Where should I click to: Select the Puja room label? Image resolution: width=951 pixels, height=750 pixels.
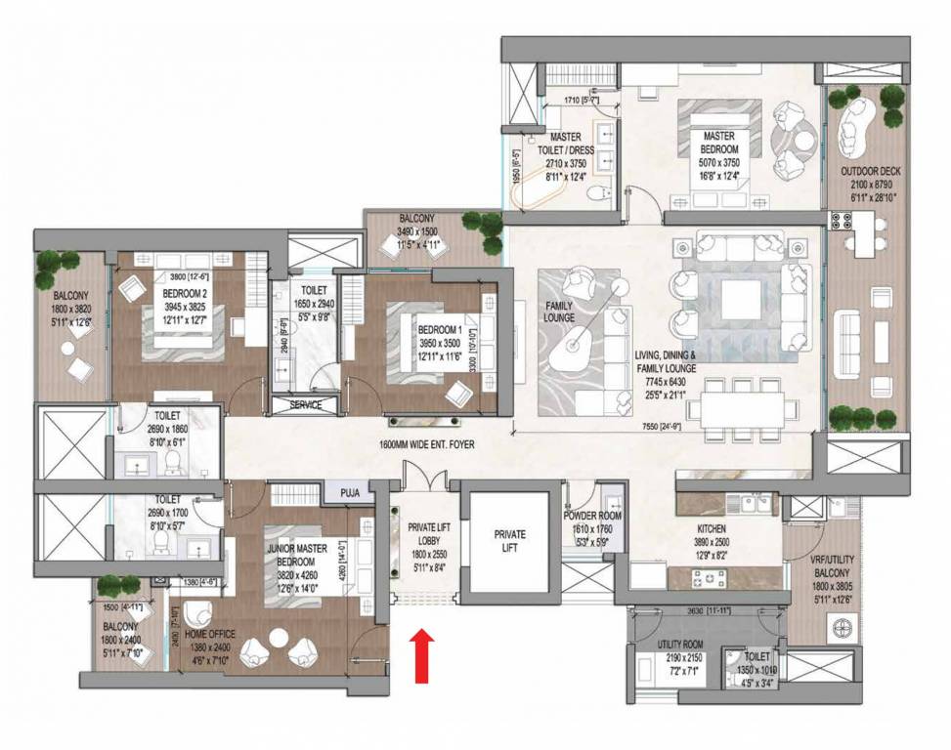coord(351,494)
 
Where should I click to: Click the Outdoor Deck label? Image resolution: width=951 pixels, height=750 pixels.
coord(871,172)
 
